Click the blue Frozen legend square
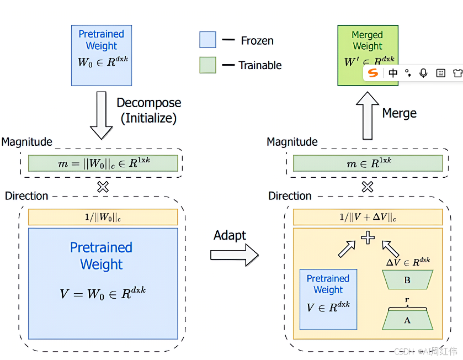(207, 40)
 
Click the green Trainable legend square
(207, 65)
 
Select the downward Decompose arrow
(101, 115)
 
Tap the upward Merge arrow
(368, 115)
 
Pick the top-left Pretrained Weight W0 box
(102, 55)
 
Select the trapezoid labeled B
(407, 280)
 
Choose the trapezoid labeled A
(407, 320)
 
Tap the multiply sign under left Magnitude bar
(103, 187)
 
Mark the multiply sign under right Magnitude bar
(368, 187)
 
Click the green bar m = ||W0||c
(103, 163)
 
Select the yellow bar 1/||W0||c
(103, 217)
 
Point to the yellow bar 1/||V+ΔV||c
(368, 217)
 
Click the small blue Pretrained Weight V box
(328, 299)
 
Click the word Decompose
(148, 103)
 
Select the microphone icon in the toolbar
(424, 73)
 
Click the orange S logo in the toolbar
(374, 73)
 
